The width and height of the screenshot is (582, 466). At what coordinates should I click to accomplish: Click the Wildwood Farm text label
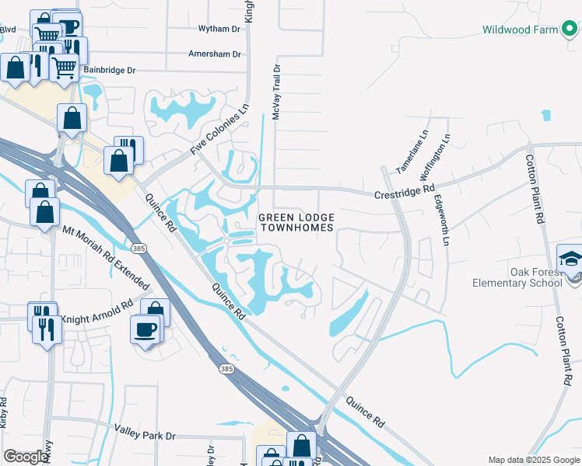pos(520,30)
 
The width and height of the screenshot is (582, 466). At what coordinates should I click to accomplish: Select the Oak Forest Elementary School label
pos(517,277)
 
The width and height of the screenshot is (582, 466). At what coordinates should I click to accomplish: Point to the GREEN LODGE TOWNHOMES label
pos(296,222)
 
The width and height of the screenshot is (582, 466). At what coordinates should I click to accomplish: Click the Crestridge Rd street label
pos(405,190)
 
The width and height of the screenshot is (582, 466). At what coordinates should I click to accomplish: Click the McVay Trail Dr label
pos(276,92)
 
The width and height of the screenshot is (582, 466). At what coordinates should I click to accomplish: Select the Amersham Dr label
pos(215,54)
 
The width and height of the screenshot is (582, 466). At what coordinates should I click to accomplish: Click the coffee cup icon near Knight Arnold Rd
pos(145,329)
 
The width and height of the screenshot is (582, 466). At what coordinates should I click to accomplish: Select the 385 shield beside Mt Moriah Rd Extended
pos(138,249)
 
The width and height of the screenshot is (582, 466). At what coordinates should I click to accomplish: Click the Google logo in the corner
pos(26,457)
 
